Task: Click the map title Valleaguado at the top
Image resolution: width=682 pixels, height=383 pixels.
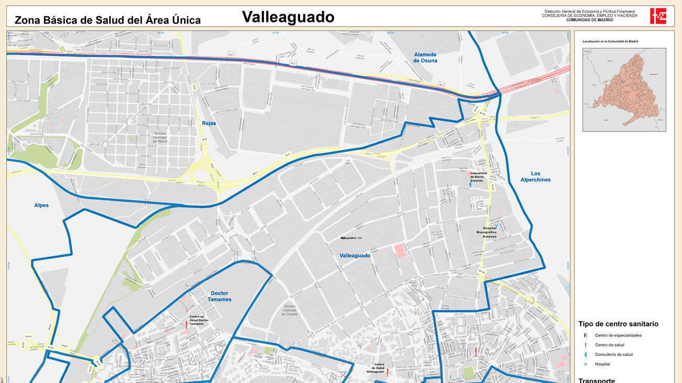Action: coord(287,17)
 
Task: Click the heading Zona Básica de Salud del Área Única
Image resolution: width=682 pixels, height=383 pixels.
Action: coord(108,20)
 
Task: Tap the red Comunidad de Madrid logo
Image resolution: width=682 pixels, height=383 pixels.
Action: coord(658,16)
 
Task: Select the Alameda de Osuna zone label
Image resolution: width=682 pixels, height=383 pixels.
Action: coord(425,57)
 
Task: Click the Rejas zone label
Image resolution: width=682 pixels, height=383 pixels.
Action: coord(209,124)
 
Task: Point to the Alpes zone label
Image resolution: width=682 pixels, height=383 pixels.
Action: coord(41,205)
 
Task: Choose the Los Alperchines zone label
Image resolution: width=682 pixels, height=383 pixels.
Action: coord(535,177)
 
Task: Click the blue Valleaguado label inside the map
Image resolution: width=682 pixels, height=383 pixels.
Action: coord(355,256)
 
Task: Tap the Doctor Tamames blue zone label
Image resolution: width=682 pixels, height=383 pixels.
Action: coord(219,297)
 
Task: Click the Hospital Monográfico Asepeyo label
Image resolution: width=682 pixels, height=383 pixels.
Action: coord(486,232)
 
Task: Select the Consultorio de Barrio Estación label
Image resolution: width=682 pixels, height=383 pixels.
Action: coord(478,177)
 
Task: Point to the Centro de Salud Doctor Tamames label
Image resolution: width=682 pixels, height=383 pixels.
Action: coord(197,320)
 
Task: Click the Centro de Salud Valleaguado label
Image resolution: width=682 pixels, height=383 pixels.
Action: coord(379,368)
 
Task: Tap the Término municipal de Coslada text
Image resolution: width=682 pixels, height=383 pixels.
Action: coord(290,311)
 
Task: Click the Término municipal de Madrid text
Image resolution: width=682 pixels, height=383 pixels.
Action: coord(160,137)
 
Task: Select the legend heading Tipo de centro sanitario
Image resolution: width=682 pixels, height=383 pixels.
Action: coord(618,324)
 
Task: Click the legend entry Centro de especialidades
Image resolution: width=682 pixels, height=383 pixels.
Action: coord(617,335)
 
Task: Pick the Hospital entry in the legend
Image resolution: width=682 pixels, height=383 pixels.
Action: coord(602,364)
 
